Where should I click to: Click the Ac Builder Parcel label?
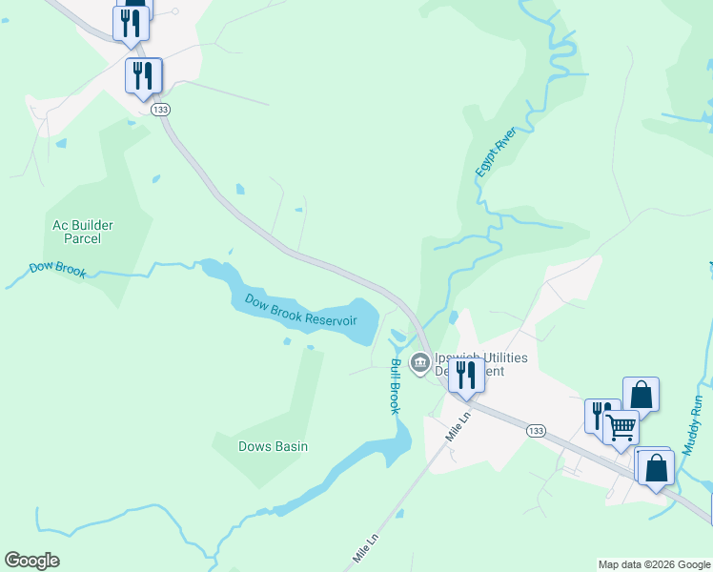(x=83, y=232)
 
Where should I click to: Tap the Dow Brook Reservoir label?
(x=300, y=310)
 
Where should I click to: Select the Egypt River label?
(x=496, y=151)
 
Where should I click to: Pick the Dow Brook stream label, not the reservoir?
(x=57, y=270)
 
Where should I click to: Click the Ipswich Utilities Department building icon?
(x=419, y=362)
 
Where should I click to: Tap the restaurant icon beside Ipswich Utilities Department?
(x=466, y=373)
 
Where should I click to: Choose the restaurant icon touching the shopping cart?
(x=600, y=415)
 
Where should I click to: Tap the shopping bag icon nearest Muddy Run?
(x=657, y=467)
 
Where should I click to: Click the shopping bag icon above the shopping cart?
(x=642, y=394)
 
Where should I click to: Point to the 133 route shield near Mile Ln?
(x=535, y=431)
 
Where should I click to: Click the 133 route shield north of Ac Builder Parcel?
(x=161, y=110)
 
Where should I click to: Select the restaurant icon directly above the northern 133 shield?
(x=143, y=74)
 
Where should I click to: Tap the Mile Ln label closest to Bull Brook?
(x=458, y=425)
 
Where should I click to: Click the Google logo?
(x=31, y=561)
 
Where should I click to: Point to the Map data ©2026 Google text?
(x=653, y=564)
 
